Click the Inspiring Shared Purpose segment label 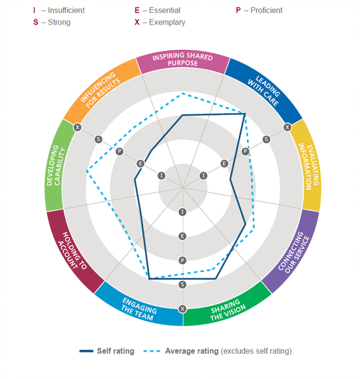pyautogui.click(x=182, y=59)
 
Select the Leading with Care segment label pyautogui.click(x=264, y=90)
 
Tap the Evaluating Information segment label pyautogui.click(x=309, y=166)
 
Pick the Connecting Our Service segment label pyautogui.click(x=293, y=252)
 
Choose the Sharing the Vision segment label pyautogui.click(x=228, y=311)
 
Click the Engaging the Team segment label pyautogui.click(x=139, y=309)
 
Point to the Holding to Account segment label pyautogui.click(x=72, y=251)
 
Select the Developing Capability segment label pyautogui.click(x=56, y=165)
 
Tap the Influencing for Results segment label pyautogui.click(x=100, y=90)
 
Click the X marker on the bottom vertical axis pyautogui.click(x=182, y=309)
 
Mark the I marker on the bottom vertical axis pyautogui.click(x=182, y=212)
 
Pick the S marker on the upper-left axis pyautogui.click(x=98, y=139)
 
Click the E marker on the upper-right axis pyautogui.click(x=224, y=164)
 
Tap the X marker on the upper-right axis pyautogui.click(x=287, y=127)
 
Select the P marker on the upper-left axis pyautogui.click(x=119, y=152)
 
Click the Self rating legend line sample pyautogui.click(x=86, y=351)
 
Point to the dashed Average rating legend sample pyautogui.click(x=152, y=351)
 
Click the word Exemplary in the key pyautogui.click(x=167, y=22)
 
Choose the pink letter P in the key pyautogui.click(x=238, y=10)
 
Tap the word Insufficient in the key pyautogui.click(x=67, y=10)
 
